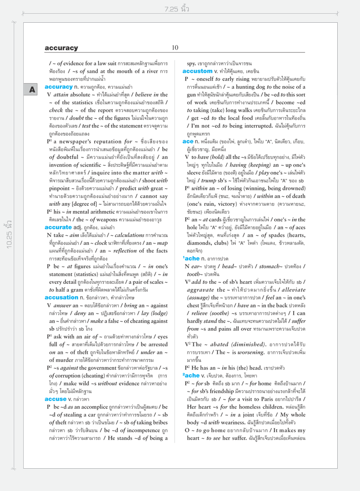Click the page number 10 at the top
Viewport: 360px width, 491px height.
pyautogui.click(x=175, y=47)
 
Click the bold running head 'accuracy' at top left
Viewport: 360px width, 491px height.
pyautogui.click(x=62, y=48)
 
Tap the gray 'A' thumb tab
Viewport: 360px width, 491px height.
pyautogui.click(x=37, y=89)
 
